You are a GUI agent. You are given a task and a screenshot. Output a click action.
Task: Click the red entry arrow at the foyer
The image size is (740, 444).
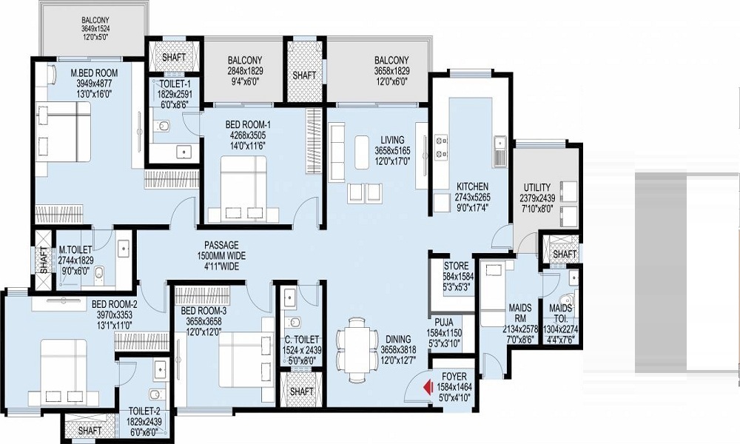click(x=428, y=387)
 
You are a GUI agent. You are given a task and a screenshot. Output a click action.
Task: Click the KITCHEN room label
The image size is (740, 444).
click(x=472, y=186)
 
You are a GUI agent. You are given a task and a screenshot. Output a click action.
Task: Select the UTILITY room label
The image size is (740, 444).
click(x=537, y=187)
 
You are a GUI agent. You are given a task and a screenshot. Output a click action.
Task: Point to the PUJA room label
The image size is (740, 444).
click(x=443, y=323)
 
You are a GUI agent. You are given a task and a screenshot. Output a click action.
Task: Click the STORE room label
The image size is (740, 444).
click(x=457, y=266)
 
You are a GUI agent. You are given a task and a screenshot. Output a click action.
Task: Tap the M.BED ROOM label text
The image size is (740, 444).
click(x=95, y=73)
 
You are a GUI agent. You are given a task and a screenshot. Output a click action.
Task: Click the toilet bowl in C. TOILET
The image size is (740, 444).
click(x=295, y=322)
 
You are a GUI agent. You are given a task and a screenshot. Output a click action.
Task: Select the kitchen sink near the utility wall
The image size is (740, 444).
click(x=499, y=150)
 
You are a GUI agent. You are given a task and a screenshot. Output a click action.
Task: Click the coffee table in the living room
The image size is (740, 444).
click(x=362, y=152)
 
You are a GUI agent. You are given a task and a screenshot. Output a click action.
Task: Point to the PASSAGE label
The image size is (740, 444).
click(x=221, y=246)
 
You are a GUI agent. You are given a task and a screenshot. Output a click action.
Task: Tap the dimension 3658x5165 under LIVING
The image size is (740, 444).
click(x=393, y=151)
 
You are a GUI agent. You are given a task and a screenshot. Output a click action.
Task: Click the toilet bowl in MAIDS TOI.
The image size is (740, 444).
click(x=568, y=300)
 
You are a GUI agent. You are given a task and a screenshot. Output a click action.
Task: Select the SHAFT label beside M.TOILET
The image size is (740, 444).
click(x=44, y=260)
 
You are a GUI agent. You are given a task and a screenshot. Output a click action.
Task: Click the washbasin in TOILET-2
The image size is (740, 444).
click(x=161, y=369)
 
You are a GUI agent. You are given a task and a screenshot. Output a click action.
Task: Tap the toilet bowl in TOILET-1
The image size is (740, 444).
click(x=164, y=127)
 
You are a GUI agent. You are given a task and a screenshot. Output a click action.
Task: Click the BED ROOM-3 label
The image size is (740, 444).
click(x=204, y=311)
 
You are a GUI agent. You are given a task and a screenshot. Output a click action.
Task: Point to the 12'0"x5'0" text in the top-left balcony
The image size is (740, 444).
click(x=95, y=36)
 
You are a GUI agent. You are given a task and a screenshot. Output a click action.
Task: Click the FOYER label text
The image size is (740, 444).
click(x=454, y=377)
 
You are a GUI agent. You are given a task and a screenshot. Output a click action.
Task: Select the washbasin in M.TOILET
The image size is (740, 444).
click(x=124, y=248)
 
